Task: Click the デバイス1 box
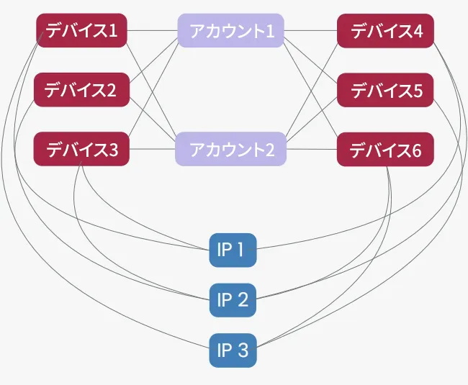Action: (x=82, y=30)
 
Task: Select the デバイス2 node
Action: (x=82, y=90)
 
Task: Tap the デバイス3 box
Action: (x=81, y=149)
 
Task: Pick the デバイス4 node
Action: (x=385, y=31)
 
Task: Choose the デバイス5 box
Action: (x=385, y=90)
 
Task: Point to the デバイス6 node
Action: (x=385, y=150)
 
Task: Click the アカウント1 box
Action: (x=230, y=30)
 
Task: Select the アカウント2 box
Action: (x=230, y=149)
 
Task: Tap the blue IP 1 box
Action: (x=233, y=250)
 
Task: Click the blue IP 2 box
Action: (x=233, y=300)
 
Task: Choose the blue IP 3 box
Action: (x=233, y=350)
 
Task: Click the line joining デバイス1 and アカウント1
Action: (x=153, y=30)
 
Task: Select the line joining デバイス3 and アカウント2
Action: (x=152, y=149)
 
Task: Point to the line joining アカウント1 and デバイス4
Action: (x=310, y=30)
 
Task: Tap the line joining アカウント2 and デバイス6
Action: (x=312, y=149)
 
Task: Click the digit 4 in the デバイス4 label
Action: (x=418, y=31)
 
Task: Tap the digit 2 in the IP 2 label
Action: (x=243, y=300)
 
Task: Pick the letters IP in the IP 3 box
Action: (x=225, y=350)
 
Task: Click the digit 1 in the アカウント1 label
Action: (x=270, y=31)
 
